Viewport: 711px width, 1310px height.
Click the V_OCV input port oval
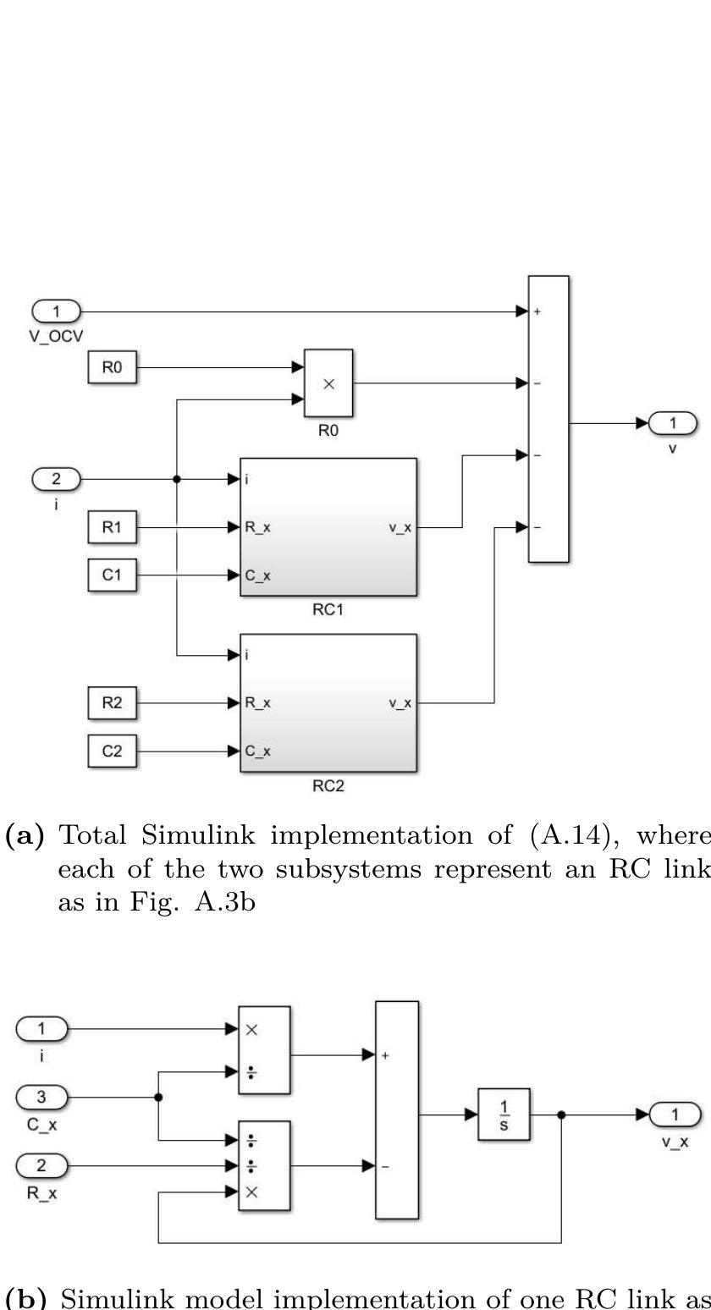point(56,311)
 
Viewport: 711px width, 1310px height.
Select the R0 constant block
point(112,368)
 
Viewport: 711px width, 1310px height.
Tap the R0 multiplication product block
point(328,383)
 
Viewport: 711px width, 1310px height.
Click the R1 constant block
point(112,527)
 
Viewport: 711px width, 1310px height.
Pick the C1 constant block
point(112,575)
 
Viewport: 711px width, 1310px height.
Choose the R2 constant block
point(112,702)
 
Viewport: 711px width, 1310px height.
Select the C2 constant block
point(112,751)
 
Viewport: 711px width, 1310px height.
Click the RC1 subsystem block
point(328,527)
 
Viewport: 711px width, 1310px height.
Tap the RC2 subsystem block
point(328,702)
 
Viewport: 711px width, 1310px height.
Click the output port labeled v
point(673,423)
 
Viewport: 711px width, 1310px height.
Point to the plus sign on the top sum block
point(537,312)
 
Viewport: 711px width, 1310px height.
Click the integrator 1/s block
point(504,1115)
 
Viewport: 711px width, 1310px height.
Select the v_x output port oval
point(675,1115)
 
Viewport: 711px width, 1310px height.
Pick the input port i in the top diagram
point(56,479)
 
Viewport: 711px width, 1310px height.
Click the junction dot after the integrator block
point(561,1115)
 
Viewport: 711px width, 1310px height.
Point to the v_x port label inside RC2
point(400,703)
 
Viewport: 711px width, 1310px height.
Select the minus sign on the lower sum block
point(385,1167)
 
